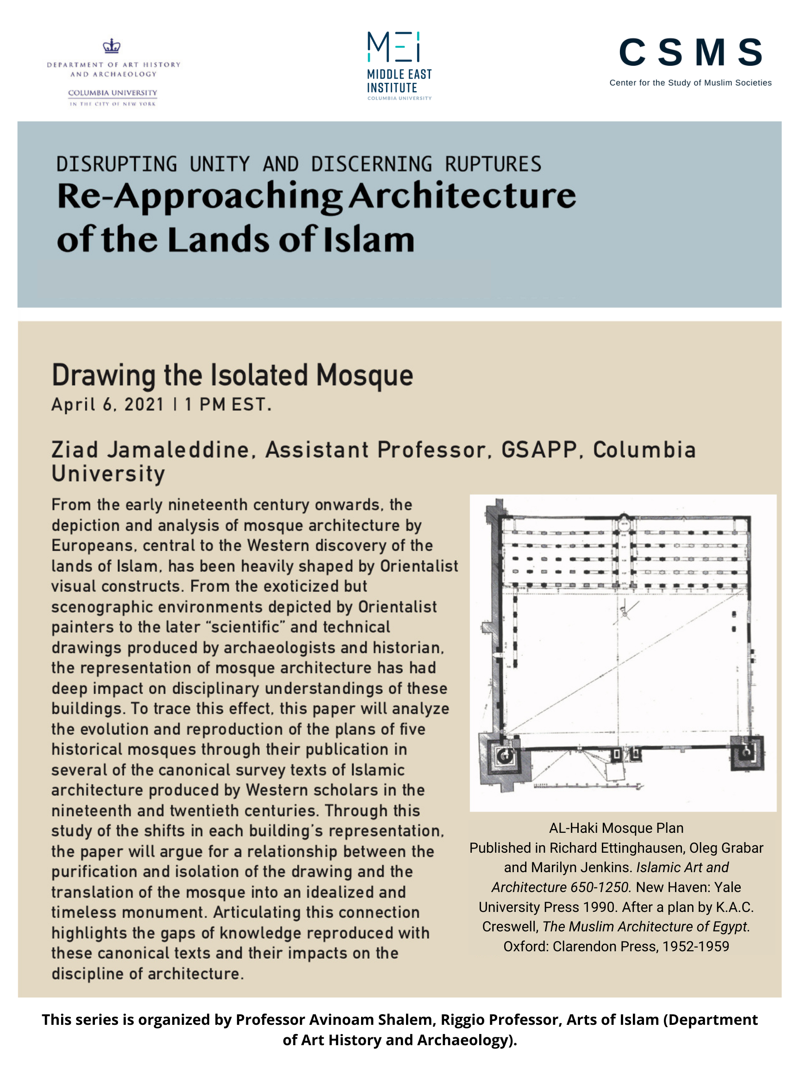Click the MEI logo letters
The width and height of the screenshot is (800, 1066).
[x=394, y=47]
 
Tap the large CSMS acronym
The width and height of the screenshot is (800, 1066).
[x=690, y=53]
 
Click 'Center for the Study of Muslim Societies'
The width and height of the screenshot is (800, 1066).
[x=690, y=83]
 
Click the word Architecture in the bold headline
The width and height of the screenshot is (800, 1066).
[x=462, y=196]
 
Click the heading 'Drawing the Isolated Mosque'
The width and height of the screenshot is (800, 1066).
[x=232, y=375]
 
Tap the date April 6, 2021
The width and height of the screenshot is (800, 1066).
[x=107, y=404]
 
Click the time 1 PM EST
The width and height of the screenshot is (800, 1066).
[x=228, y=404]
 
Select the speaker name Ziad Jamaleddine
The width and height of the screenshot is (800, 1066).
[x=150, y=450]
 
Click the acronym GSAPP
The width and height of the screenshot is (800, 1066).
[x=539, y=450]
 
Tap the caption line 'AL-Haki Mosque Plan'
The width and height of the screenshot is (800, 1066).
[x=616, y=828]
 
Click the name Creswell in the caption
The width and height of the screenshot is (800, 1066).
[x=510, y=927]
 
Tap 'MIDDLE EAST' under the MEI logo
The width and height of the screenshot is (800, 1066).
[x=399, y=74]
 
